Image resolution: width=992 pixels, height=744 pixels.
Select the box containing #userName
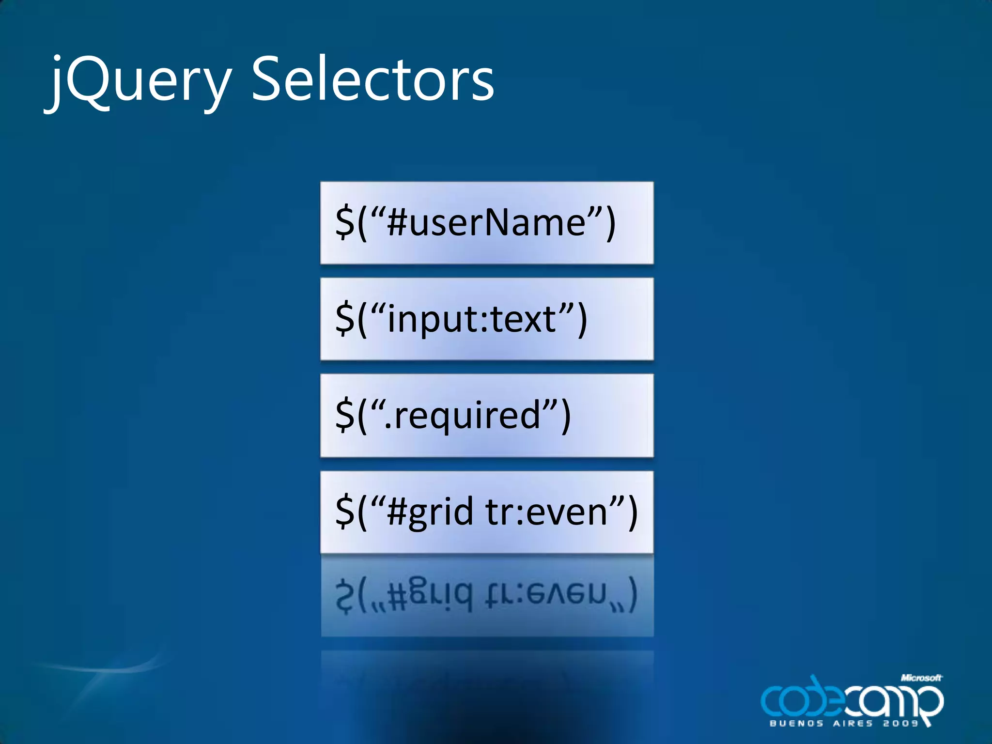tap(486, 223)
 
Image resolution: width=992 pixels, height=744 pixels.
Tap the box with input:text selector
tap(486, 319)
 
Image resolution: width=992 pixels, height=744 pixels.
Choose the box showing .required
tap(486, 415)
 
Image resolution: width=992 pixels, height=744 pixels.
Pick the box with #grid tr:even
tap(486, 512)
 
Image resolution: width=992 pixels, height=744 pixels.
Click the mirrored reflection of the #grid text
tap(486, 596)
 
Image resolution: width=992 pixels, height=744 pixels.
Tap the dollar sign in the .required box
tap(345, 415)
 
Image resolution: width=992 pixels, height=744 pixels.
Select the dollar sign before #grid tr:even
tap(345, 511)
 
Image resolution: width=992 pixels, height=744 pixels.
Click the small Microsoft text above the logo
tap(921, 678)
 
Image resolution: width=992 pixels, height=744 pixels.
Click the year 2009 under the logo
tap(901, 724)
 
